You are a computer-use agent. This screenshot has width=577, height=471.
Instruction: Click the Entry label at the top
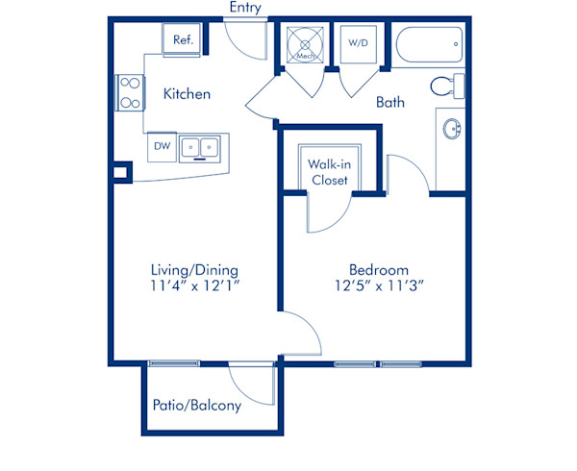point(245,7)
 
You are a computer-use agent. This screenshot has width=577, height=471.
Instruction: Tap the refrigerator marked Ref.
point(182,39)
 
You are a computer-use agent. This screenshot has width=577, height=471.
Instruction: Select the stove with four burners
point(130,92)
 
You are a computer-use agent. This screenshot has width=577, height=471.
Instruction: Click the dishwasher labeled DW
point(162,147)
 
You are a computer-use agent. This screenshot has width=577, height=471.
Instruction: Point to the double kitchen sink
point(200,149)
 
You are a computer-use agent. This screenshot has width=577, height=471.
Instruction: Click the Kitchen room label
point(187,94)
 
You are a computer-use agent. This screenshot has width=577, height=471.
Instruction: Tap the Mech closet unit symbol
point(305,45)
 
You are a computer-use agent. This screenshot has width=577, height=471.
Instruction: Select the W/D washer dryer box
point(359,44)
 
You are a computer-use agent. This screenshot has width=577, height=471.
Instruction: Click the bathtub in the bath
point(429,44)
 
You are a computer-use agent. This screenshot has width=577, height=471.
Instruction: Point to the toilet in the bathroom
point(448,86)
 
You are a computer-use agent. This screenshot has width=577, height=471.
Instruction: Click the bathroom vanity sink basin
point(452,129)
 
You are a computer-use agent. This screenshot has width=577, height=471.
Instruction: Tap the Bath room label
point(390,102)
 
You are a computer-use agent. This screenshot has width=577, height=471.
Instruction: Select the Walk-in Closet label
point(329,172)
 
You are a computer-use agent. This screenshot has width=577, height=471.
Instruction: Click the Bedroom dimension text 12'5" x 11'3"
point(380,285)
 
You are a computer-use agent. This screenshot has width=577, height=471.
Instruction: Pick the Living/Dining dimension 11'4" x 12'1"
point(195,285)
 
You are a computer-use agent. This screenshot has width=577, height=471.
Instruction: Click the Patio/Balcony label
point(197,406)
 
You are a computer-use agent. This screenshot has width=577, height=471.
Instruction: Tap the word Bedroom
point(379,270)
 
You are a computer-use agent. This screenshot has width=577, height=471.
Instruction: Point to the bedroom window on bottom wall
point(378,364)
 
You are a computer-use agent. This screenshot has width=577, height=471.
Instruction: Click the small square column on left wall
point(120,172)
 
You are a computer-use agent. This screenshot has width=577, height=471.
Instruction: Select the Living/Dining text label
point(194,271)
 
